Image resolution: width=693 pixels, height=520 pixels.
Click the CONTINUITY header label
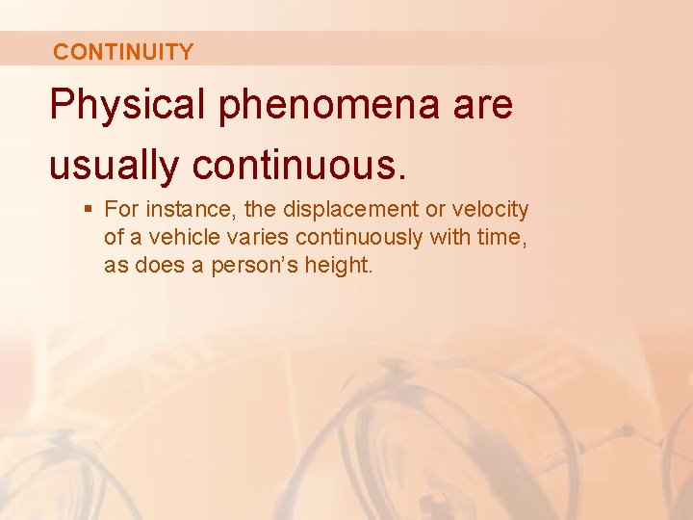tap(123, 52)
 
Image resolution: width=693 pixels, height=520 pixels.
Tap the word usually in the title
tap(114, 166)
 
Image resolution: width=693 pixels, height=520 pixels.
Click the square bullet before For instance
tap(88, 209)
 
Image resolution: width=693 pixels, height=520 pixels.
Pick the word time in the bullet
tap(503, 237)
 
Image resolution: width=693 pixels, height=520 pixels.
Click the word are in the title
tap(478, 105)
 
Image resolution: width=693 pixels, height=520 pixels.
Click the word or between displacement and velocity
tap(439, 209)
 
